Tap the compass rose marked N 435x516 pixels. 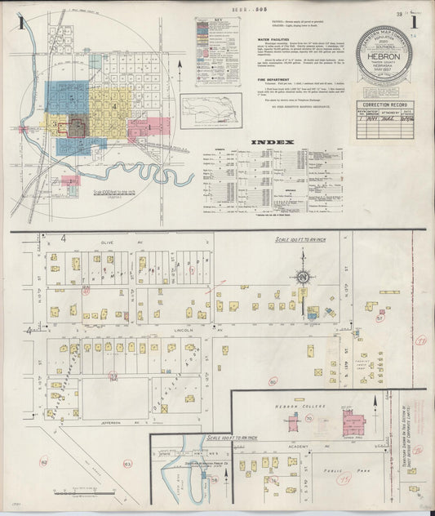(x=302, y=278)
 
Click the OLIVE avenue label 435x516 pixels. (x=85, y=242)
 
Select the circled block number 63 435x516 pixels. (x=127, y=465)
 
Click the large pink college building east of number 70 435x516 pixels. (x=353, y=424)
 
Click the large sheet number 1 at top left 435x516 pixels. (x=19, y=23)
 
